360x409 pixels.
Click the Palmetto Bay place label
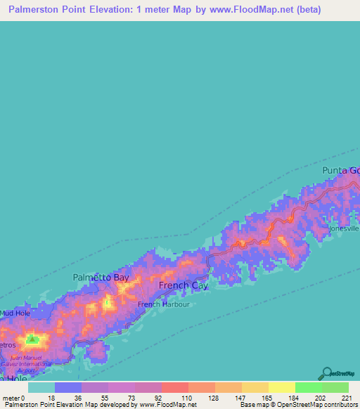click(x=101, y=278)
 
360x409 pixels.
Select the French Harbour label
click(x=163, y=304)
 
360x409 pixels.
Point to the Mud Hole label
click(x=15, y=313)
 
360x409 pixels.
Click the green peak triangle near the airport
click(x=32, y=339)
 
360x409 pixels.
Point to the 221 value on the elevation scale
click(x=347, y=397)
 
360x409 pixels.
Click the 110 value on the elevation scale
click(x=174, y=397)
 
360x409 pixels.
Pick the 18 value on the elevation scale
click(x=51, y=397)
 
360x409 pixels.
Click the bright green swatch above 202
click(x=308, y=387)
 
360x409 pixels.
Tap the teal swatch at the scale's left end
click(x=41, y=387)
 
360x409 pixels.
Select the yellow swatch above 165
click(x=255, y=387)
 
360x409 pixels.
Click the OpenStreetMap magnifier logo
click(x=326, y=372)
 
